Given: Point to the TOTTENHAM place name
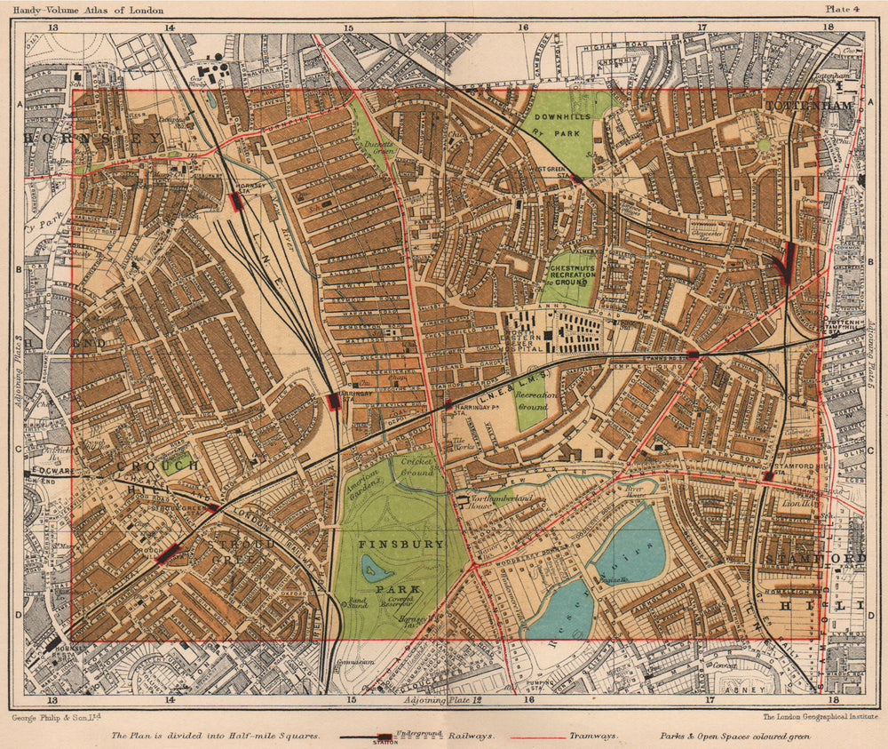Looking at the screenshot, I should pyautogui.click(x=808, y=105).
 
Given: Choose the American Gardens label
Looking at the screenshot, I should pyautogui.click(x=363, y=482).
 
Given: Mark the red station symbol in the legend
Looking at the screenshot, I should pyautogui.click(x=384, y=737).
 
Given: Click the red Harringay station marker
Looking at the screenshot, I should pyautogui.click(x=334, y=402).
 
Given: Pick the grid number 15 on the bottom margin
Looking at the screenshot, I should pyautogui.click(x=351, y=700).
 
